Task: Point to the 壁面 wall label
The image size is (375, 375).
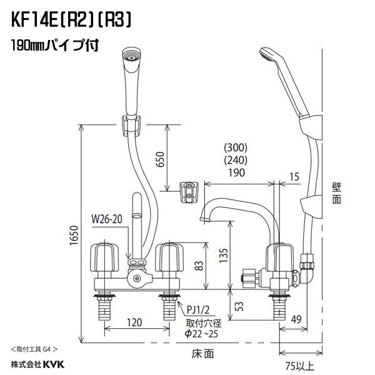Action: [337, 194]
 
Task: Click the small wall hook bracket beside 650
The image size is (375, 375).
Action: [189, 191]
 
